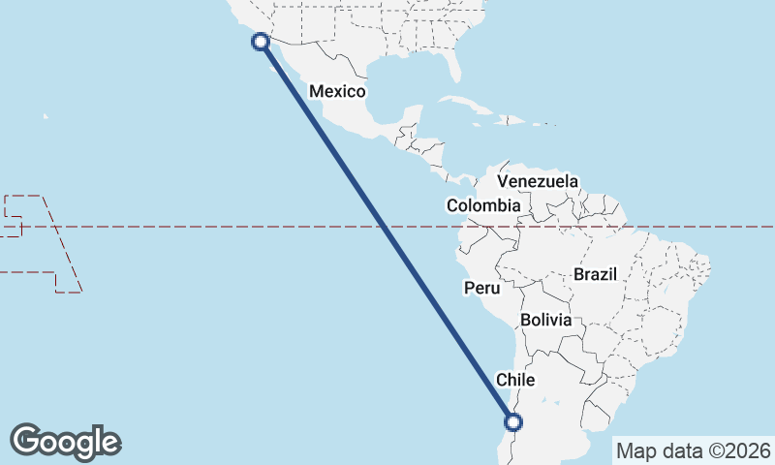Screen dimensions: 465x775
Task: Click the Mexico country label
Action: (x=337, y=92)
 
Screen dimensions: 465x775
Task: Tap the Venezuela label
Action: (x=538, y=181)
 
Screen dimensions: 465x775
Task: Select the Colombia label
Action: (x=483, y=205)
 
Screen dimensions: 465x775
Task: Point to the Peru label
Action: (x=481, y=288)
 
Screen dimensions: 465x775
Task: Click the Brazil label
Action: (x=595, y=274)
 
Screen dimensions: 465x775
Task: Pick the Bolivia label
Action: (x=545, y=320)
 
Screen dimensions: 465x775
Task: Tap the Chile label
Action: (x=515, y=380)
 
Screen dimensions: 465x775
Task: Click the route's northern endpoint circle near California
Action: (x=260, y=41)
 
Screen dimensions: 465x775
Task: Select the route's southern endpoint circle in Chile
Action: (x=513, y=421)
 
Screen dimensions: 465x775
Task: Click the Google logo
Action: (x=65, y=441)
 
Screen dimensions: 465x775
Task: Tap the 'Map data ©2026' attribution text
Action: (x=693, y=450)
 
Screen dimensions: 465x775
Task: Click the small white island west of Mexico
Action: (x=45, y=117)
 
